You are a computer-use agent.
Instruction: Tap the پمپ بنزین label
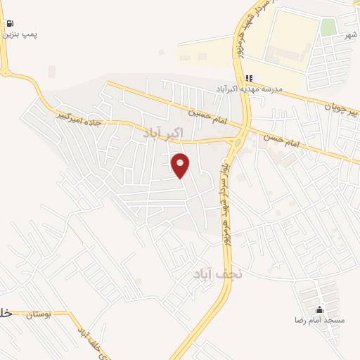(21, 34)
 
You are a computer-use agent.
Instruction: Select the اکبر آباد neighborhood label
(163, 132)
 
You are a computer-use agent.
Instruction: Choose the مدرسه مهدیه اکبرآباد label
(248, 89)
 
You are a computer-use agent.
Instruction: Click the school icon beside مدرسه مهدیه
(248, 78)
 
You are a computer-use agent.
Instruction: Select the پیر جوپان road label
(340, 108)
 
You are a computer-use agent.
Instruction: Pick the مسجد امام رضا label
(320, 320)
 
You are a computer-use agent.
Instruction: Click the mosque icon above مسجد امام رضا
(320, 309)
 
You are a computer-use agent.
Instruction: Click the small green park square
(328, 27)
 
